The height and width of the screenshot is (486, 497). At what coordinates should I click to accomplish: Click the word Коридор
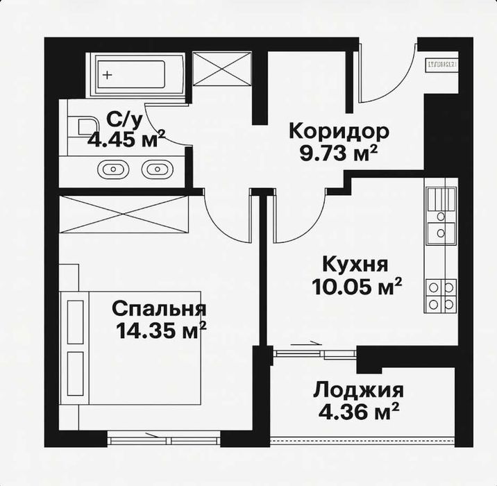pyautogui.click(x=329, y=131)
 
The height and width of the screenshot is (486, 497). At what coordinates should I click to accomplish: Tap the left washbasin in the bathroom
pyautogui.click(x=112, y=168)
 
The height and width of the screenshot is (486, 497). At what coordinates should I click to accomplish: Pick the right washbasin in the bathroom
pyautogui.click(x=157, y=168)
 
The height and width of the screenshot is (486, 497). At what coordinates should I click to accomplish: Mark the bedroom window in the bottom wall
pyautogui.click(x=165, y=437)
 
